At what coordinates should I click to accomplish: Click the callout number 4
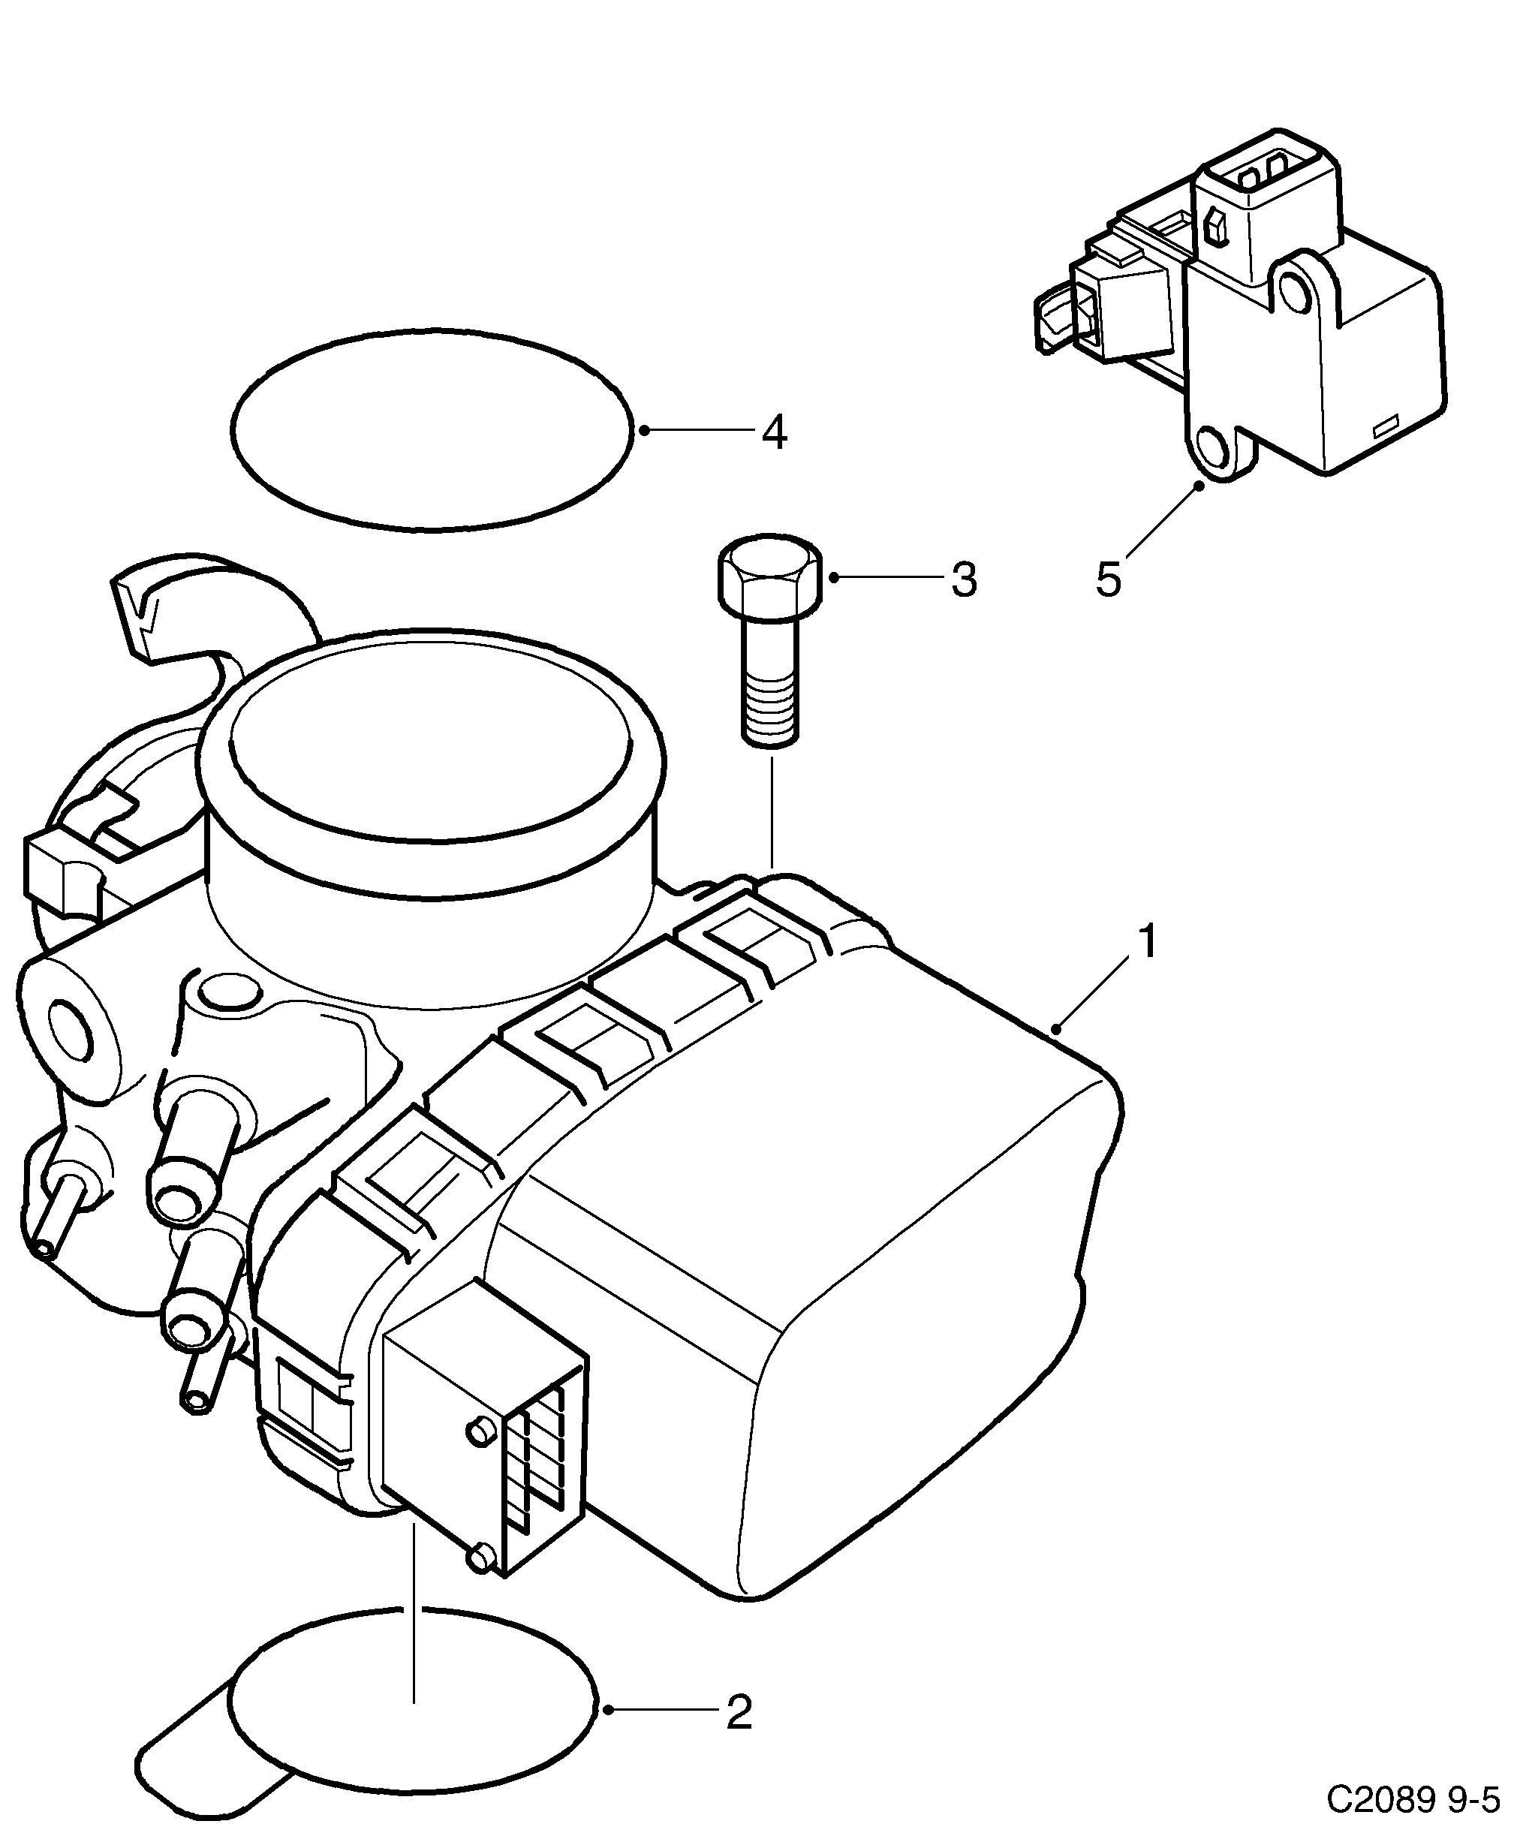pos(774,432)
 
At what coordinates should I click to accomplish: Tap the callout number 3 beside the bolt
pos(963,579)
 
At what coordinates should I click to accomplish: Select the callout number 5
pos(1109,579)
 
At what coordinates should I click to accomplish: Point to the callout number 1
pos(1148,943)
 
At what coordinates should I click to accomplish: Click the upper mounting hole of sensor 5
pos(1296,293)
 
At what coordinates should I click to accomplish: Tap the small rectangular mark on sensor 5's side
pos(1383,427)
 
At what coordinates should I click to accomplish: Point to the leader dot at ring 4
pos(643,430)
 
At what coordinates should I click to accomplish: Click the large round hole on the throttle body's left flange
pos(70,1032)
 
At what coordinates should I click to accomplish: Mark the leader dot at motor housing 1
pos(1056,1030)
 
